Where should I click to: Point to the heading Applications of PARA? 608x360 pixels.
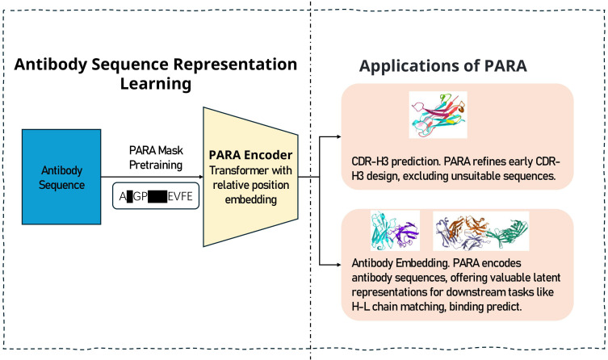click(443, 67)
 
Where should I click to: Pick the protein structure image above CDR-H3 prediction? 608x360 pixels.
click(438, 114)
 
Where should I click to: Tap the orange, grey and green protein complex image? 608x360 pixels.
click(481, 232)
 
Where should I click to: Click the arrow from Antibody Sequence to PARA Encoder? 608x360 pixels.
click(153, 176)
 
